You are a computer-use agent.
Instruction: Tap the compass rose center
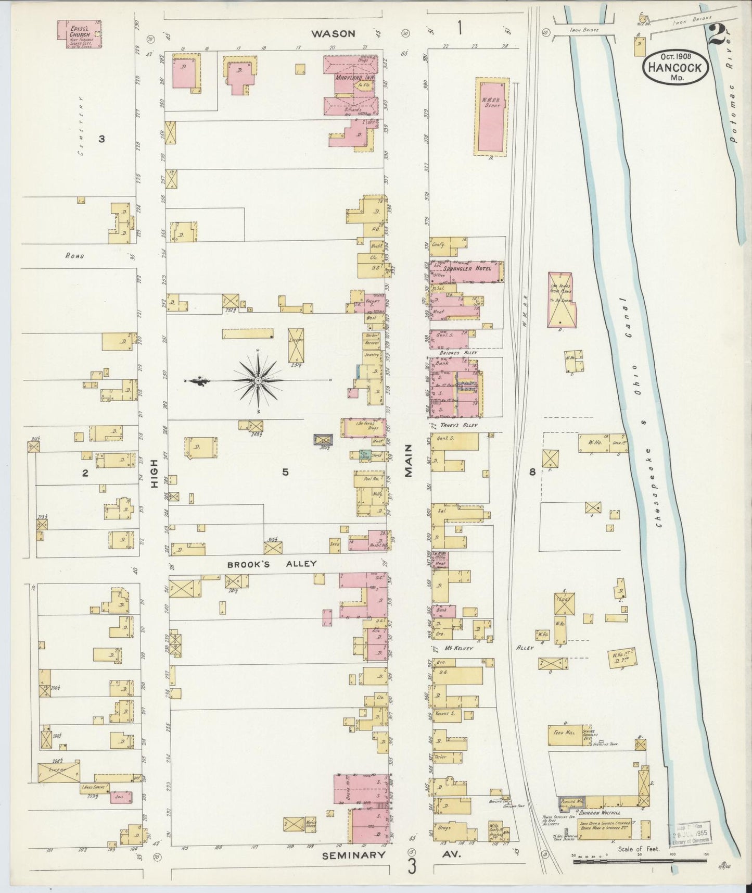tap(258, 382)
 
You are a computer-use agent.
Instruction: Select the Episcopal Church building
tap(79, 34)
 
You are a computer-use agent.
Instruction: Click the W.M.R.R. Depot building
tap(491, 117)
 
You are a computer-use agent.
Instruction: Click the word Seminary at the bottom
tap(354, 855)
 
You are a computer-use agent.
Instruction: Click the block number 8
tap(532, 473)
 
